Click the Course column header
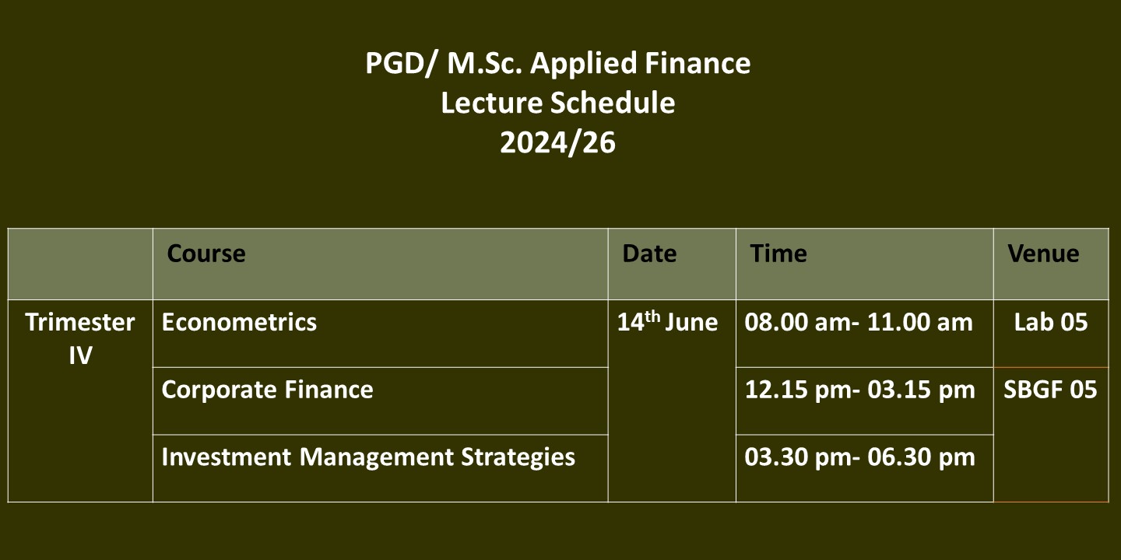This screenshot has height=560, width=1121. click(x=206, y=254)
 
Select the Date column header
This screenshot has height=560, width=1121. click(x=649, y=254)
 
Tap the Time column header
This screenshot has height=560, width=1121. click(x=778, y=254)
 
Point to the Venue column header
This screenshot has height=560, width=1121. click(x=1043, y=254)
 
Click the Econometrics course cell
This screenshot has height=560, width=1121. click(x=239, y=322)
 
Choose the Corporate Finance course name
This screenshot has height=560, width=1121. click(x=267, y=390)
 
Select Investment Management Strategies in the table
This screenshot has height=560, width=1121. click(x=368, y=457)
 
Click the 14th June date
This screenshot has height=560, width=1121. click(x=668, y=321)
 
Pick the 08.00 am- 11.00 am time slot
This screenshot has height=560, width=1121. click(x=859, y=322)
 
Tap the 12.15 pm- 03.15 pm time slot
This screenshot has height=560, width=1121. click(x=860, y=390)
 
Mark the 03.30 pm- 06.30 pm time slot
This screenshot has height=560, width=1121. click(x=860, y=457)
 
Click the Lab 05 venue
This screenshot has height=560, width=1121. click(x=1051, y=322)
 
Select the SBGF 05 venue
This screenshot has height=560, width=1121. click(x=1050, y=390)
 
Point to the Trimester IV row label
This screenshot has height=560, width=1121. click(x=80, y=338)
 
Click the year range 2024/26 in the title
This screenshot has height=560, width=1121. click(x=558, y=142)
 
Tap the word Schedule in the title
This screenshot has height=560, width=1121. click(x=613, y=103)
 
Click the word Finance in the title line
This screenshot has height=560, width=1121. click(x=698, y=63)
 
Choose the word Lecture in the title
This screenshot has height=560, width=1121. click(x=491, y=103)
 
